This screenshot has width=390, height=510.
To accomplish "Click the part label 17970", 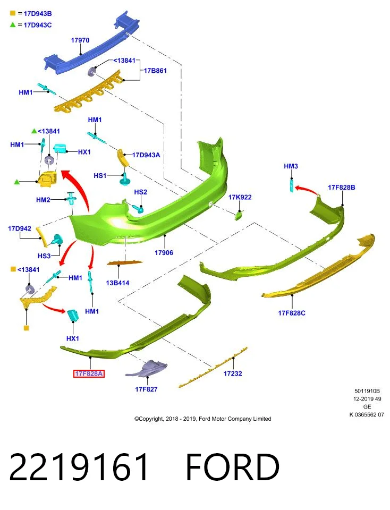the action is [80, 40].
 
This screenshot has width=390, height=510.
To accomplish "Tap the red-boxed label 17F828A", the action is [89, 373].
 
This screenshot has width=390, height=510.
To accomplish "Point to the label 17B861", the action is [155, 71].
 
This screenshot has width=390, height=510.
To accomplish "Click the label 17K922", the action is [240, 197].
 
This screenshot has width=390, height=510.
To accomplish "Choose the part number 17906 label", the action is [164, 253].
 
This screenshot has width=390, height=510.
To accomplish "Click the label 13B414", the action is [117, 283].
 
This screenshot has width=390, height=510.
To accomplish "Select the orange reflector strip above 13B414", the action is [124, 262].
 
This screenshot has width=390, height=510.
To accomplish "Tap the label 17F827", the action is [146, 389].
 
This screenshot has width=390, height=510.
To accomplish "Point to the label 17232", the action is [233, 373].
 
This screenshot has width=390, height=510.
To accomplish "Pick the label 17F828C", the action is [292, 313].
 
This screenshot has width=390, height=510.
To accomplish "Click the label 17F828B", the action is [341, 188].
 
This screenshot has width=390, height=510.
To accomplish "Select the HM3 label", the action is [291, 166].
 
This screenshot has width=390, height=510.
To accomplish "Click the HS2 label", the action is [140, 192].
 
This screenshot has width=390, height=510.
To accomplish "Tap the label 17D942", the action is [20, 228].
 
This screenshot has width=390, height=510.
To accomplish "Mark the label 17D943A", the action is [146, 155].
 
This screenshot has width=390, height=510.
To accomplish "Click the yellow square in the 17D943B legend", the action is [13, 13].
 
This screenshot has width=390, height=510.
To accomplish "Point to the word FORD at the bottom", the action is [233, 467].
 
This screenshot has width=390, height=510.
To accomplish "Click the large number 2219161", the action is [79, 467].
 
